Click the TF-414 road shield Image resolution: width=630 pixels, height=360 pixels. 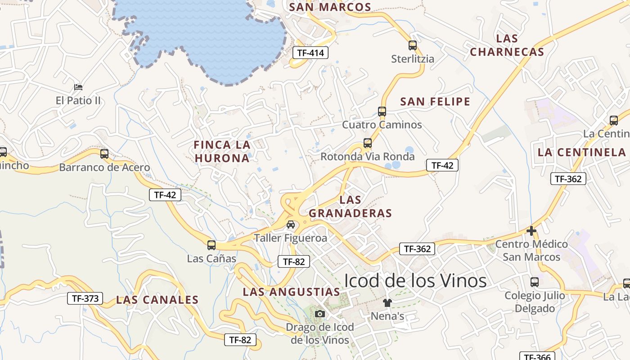click(310, 53)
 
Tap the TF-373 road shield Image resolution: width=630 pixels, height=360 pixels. click(85, 298)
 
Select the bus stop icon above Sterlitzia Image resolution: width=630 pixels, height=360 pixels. click(413, 45)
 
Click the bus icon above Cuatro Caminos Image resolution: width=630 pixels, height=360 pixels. click(382, 111)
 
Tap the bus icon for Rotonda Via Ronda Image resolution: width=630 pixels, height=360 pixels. click(368, 143)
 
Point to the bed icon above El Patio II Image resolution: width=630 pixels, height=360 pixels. click(78, 86)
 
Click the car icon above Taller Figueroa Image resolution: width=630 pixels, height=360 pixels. click(291, 224)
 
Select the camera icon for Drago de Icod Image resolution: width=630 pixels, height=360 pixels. click(320, 314)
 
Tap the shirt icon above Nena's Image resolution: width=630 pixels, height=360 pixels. click(387, 302)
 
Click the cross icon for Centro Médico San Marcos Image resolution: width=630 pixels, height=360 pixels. click(531, 231)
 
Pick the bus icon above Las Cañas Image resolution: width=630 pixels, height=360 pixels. click(211, 245)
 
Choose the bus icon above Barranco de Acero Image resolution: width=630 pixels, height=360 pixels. click(104, 154)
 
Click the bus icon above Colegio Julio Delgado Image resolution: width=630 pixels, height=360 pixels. click(535, 282)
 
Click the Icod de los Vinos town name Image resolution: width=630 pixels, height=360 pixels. click(415, 280)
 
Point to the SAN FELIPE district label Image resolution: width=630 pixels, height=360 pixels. click(435, 102)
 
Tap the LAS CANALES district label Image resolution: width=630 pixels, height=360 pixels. click(157, 300)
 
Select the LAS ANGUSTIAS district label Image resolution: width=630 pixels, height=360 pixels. click(292, 292)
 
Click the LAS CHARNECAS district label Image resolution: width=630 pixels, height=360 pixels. click(507, 45)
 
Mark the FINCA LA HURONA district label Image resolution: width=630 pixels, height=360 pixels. click(222, 151)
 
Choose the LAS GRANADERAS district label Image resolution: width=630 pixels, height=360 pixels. click(351, 206)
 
